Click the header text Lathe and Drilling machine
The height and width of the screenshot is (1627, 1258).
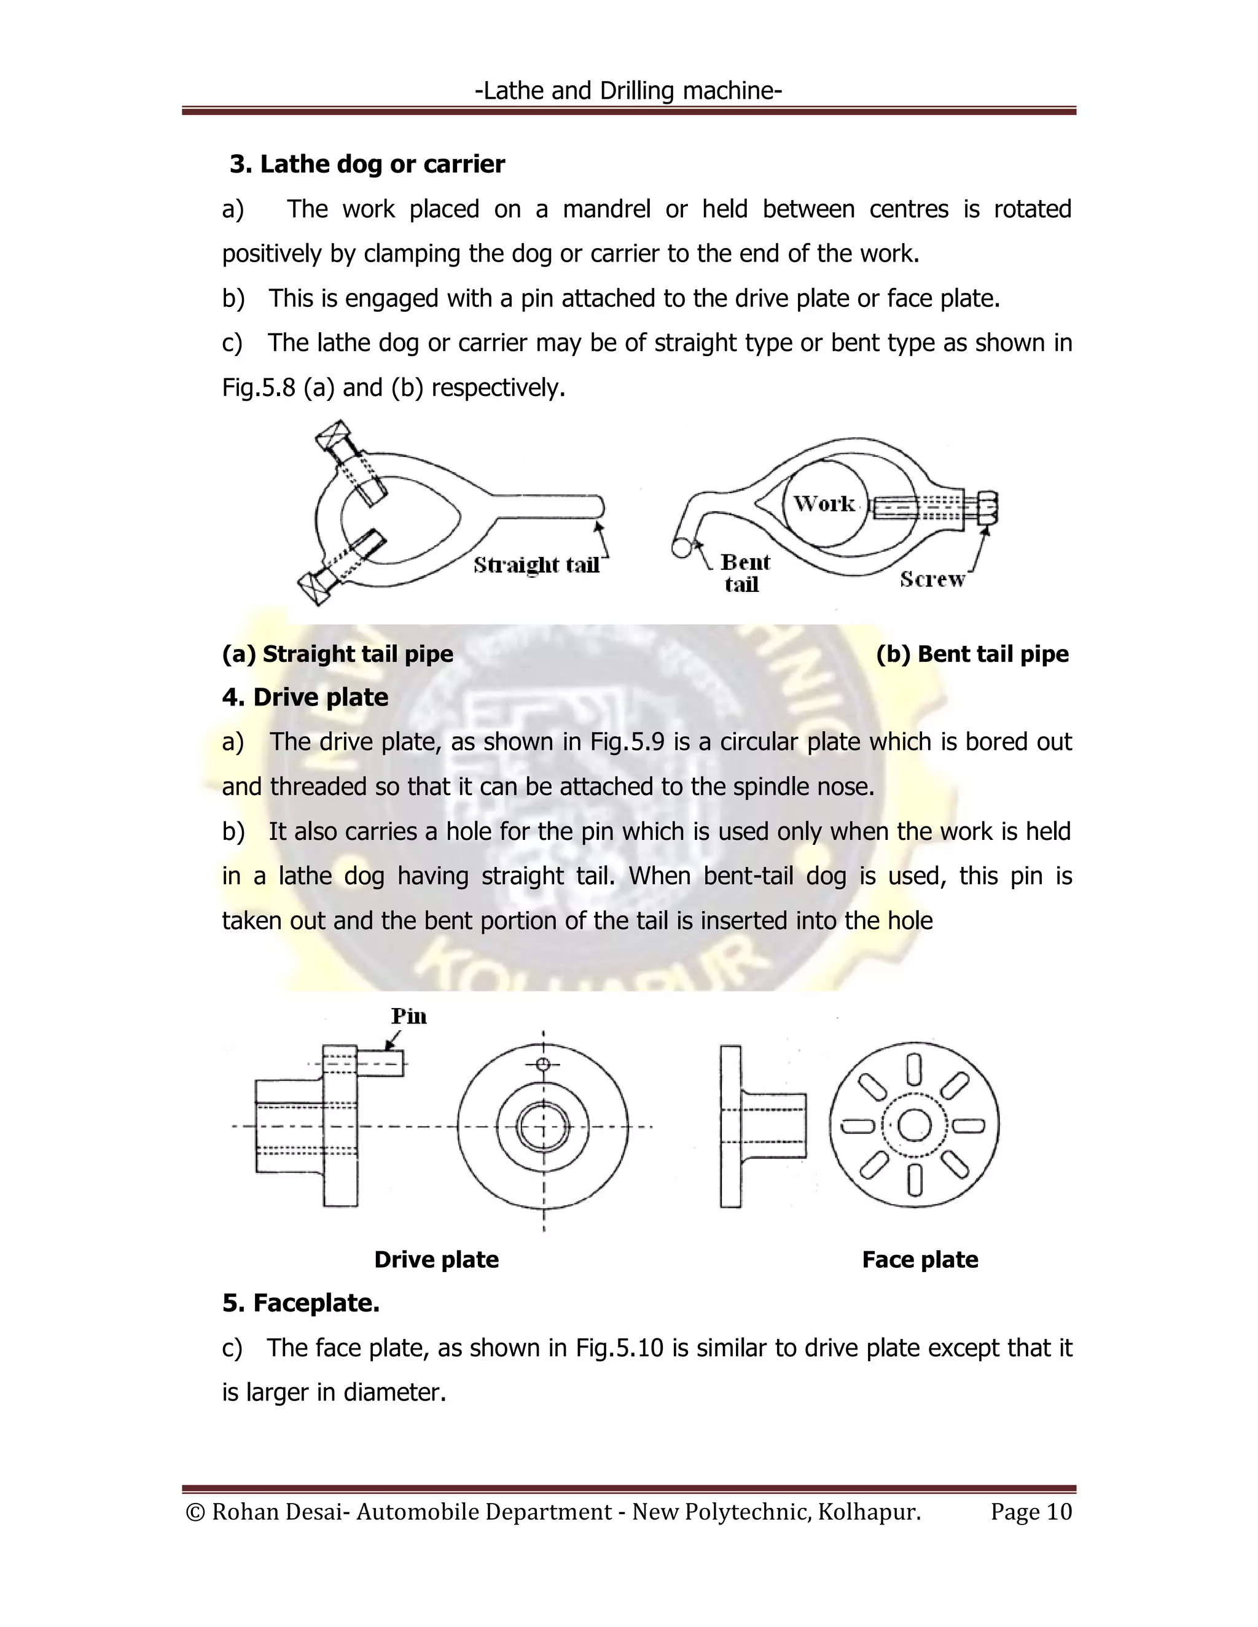(628, 91)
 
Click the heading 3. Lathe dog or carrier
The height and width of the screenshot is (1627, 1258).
(367, 164)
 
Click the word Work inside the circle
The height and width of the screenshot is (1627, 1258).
(824, 503)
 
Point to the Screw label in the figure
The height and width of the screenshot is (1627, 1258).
(932, 579)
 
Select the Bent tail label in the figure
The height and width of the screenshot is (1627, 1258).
(744, 573)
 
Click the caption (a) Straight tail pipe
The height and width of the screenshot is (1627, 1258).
(338, 653)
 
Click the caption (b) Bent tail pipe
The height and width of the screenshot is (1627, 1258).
(972, 653)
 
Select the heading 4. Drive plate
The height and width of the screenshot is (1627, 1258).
(305, 697)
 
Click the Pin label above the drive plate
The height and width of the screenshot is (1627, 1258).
(408, 1016)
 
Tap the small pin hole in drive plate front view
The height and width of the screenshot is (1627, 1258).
(543, 1064)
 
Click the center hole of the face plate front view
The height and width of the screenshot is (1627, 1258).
(913, 1125)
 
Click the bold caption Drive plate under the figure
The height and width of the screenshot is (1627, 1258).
(436, 1260)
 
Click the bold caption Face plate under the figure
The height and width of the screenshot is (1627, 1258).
(920, 1260)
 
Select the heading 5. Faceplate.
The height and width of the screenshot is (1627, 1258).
(301, 1303)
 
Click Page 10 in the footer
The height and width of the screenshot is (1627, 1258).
(1031, 1512)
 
